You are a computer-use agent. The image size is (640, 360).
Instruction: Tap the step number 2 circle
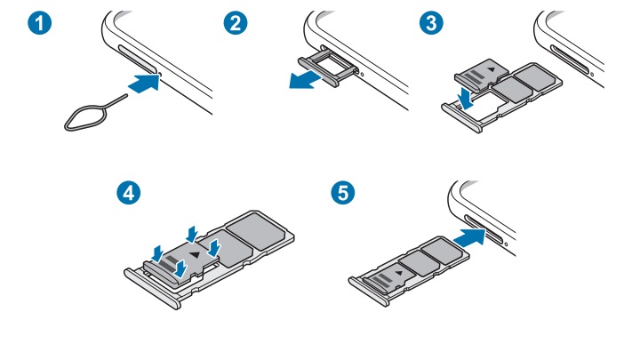[x=235, y=25]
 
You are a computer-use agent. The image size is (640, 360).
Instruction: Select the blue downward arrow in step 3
[x=464, y=92]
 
